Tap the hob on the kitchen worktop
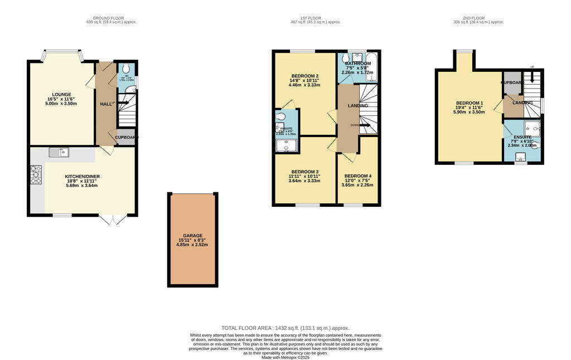coord(36,175)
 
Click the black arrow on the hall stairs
coord(124,103)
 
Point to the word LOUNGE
coord(61,95)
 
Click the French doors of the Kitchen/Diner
coord(114,219)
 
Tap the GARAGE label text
coord(192,236)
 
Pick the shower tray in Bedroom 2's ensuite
coord(287,145)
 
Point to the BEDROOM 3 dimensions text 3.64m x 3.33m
coord(304,181)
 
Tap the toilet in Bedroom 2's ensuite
coord(280,116)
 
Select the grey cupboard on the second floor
coord(512,82)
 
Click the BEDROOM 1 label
coord(470,103)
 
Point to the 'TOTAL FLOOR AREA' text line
coord(285,328)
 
